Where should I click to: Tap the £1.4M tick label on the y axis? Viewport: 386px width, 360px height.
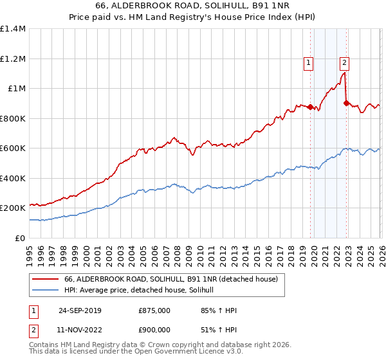13,29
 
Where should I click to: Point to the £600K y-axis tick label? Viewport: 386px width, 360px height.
13,148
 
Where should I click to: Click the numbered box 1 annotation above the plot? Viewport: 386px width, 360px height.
309,63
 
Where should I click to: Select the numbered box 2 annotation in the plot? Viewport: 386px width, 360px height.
345,63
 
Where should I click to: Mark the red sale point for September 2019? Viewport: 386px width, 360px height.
310,107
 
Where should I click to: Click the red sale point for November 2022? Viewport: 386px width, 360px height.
346,103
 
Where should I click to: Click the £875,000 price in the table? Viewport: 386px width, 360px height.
154,310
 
